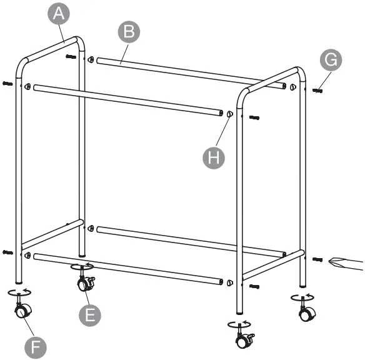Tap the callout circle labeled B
point(129,32)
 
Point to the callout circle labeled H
point(214,157)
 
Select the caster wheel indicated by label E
point(83,285)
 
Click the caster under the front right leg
point(243,340)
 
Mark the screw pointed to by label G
point(317,90)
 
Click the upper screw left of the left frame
point(7,83)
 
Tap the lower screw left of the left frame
point(7,252)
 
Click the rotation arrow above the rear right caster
point(303,296)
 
